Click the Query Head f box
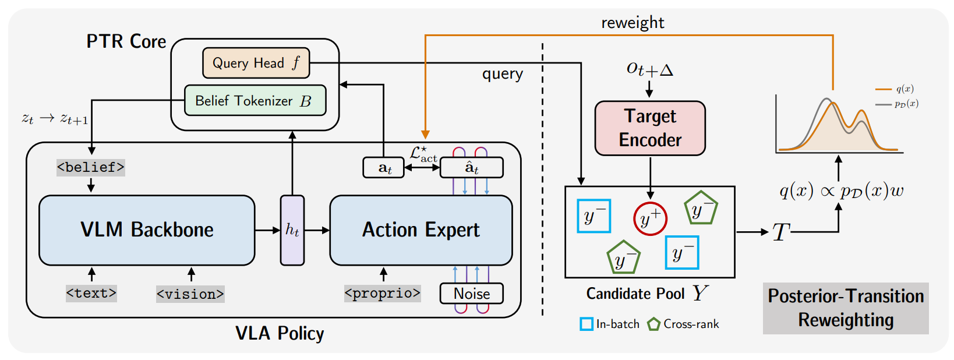[256, 63]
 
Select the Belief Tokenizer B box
[255, 101]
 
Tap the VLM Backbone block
[147, 230]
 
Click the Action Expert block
[421, 230]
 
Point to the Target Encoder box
[650, 128]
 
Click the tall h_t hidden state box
[292, 230]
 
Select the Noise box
[471, 294]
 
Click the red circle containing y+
[650, 219]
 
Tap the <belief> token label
[91, 167]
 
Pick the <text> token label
[91, 294]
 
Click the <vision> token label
[190, 294]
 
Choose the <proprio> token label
[383, 294]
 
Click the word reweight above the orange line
[633, 23]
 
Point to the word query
[503, 74]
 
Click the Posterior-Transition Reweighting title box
[846, 308]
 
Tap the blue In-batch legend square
[586, 324]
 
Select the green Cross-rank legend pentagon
[653, 324]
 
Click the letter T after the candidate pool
[781, 232]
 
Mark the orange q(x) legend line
[884, 90]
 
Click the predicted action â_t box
[471, 167]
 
